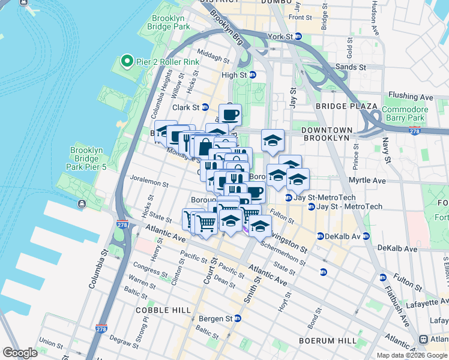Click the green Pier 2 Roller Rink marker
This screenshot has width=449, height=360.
127,61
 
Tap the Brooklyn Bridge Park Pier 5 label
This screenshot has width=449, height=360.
88,158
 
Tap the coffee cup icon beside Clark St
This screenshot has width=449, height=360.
229,114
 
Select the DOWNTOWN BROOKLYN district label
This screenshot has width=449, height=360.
325,134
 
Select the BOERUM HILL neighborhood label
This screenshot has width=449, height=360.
328,340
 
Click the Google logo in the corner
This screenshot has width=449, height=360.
20,353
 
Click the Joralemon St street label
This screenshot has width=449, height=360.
147,179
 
